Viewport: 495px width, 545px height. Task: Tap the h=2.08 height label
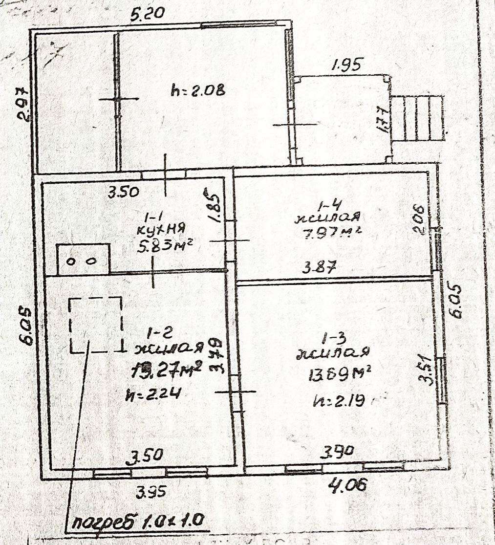click(x=198, y=90)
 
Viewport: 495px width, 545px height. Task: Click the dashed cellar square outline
click(x=95, y=325)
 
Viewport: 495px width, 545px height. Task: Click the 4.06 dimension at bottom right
click(x=347, y=486)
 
